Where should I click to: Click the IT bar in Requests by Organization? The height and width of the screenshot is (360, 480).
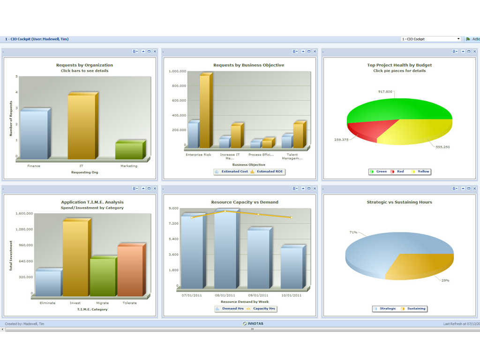[82, 127]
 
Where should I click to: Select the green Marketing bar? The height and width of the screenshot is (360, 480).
[129, 150]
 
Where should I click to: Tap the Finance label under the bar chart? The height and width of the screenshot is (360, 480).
[34, 166]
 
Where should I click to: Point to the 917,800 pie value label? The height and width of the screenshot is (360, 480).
[385, 91]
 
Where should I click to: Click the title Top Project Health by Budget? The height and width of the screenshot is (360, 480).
[399, 65]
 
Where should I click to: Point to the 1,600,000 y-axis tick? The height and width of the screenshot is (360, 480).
[24, 213]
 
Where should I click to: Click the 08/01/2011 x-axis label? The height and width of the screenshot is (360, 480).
[225, 295]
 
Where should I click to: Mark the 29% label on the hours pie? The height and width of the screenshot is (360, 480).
[445, 280]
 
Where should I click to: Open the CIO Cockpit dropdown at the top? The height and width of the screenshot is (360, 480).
[431, 39]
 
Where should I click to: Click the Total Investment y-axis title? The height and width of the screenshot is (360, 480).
[11, 255]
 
